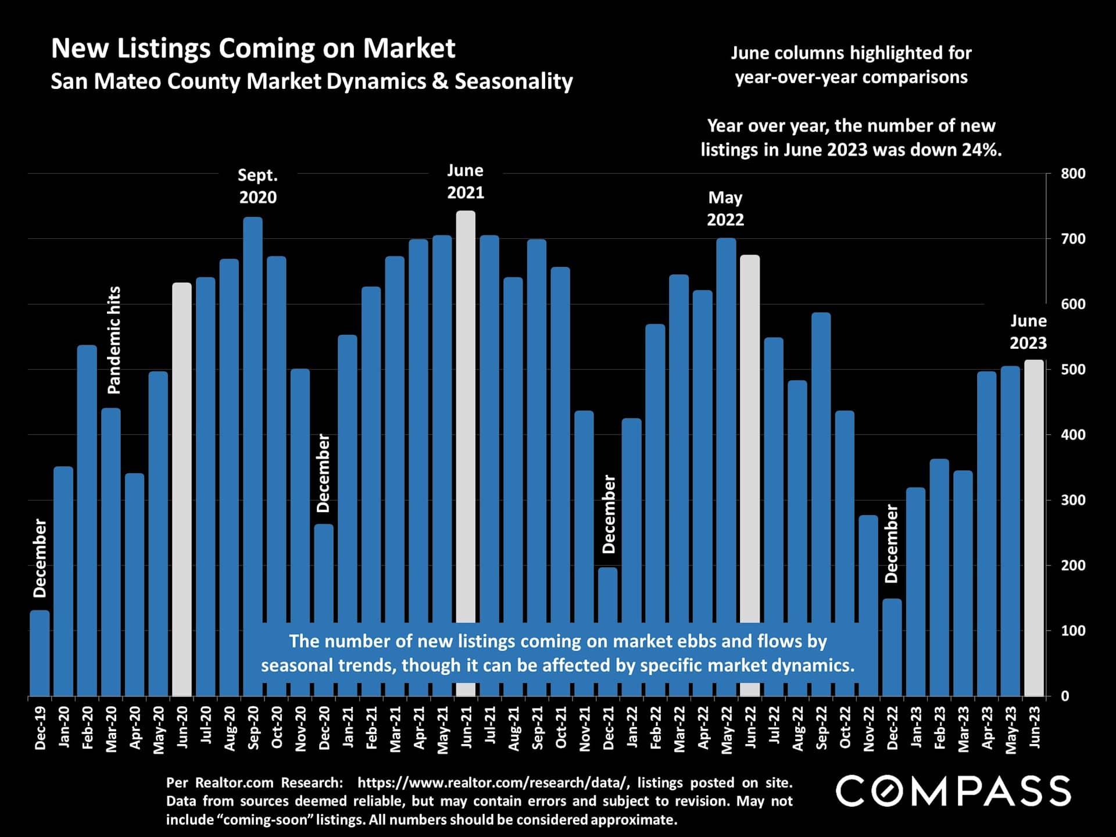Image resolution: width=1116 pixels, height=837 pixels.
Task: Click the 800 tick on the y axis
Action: pyautogui.click(x=1073, y=173)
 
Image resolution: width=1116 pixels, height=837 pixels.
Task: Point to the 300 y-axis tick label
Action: pyautogui.click(x=1073, y=500)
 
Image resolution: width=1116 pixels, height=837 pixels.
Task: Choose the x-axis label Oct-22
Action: pyautogui.click(x=845, y=728)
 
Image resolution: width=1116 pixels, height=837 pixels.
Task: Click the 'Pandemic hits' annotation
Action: pyautogui.click(x=115, y=340)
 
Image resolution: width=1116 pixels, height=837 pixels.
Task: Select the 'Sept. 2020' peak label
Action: pyautogui.click(x=258, y=186)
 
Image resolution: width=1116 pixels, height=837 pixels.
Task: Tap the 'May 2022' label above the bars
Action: pyautogui.click(x=725, y=208)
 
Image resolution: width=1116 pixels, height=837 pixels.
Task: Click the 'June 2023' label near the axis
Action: pyautogui.click(x=1028, y=332)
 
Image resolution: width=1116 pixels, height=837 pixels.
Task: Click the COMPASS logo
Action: pyautogui.click(x=953, y=791)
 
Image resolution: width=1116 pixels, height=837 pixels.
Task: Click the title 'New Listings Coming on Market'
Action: pyautogui.click(x=253, y=48)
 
